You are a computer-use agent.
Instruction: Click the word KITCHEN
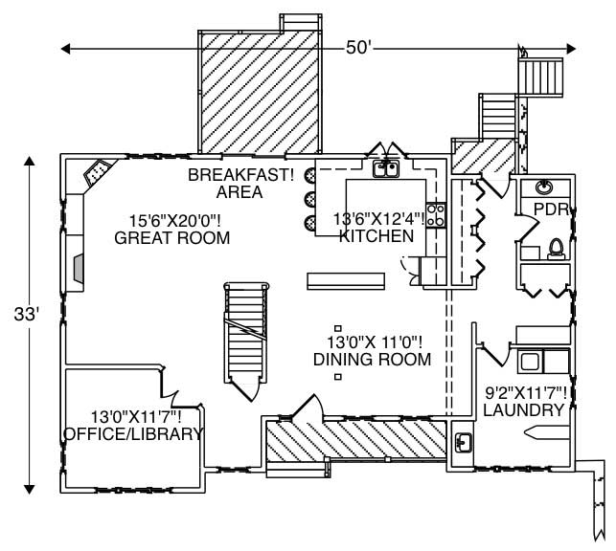tap(376, 235)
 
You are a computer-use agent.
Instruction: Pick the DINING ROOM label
tap(372, 360)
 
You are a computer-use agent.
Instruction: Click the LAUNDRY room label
tap(523, 410)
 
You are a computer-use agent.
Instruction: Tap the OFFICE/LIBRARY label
tap(132, 434)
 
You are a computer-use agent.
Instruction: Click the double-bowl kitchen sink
tap(385, 170)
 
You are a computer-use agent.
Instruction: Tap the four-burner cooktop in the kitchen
tap(435, 215)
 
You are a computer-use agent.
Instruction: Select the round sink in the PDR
tap(545, 186)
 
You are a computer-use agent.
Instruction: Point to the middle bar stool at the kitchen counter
tap(311, 200)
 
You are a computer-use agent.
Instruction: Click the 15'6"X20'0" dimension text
tap(171, 218)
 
